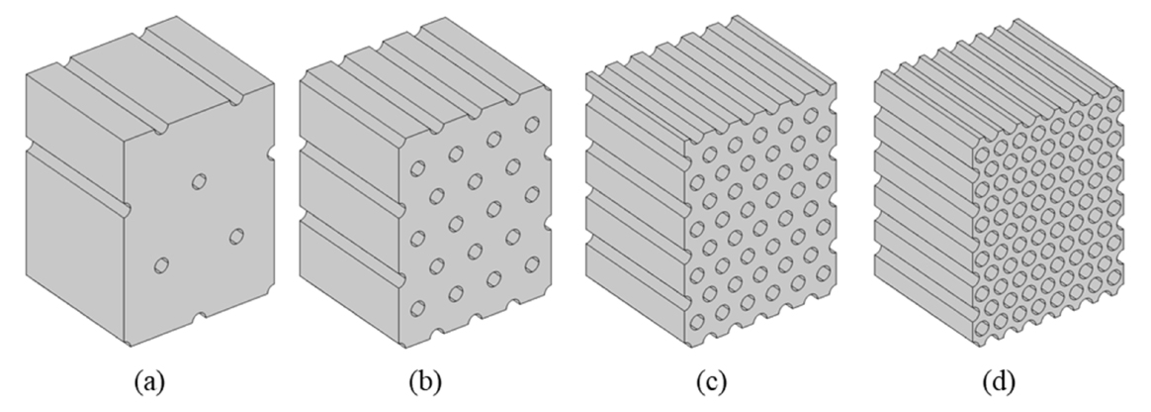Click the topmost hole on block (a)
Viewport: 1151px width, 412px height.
pos(200,181)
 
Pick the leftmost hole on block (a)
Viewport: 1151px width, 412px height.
pos(162,265)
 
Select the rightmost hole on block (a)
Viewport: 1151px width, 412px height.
pos(237,236)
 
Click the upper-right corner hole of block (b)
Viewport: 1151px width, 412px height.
pos(532,125)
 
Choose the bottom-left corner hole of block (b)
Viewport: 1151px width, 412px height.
pos(418,308)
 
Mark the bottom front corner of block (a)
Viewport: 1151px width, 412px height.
pos(130,347)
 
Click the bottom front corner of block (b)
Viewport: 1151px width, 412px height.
pos(403,347)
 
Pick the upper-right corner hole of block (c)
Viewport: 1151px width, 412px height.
pos(811,116)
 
